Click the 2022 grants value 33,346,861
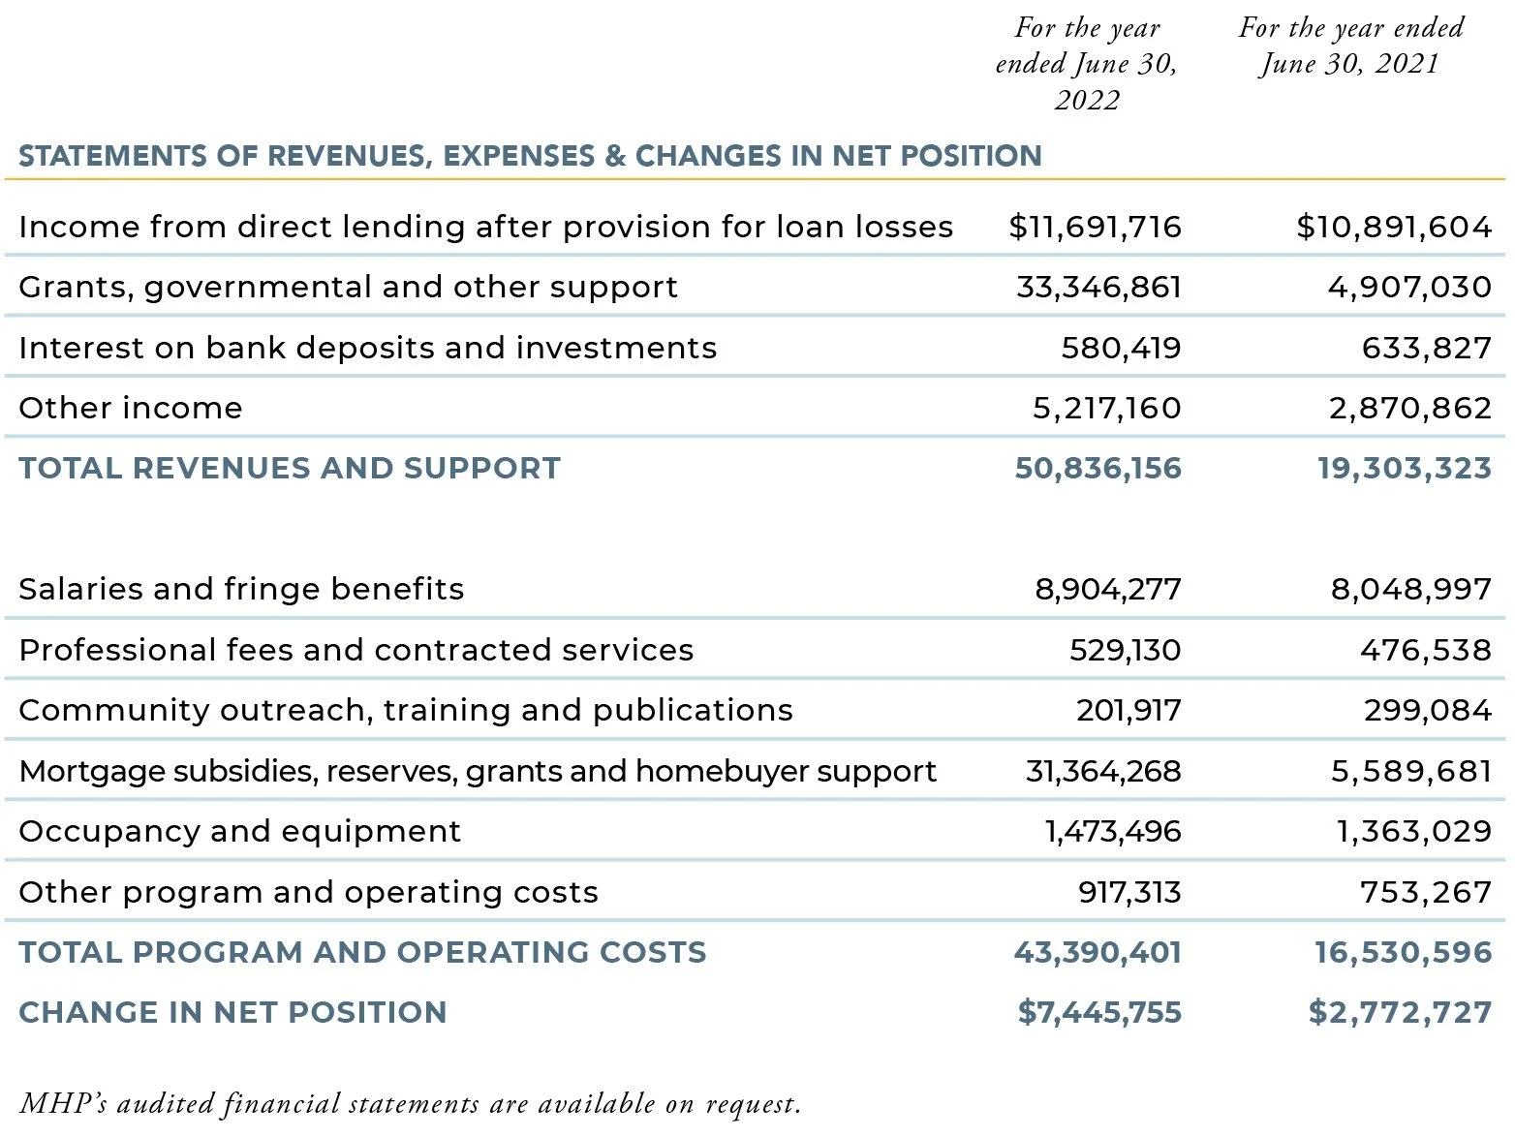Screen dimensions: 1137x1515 coord(1098,287)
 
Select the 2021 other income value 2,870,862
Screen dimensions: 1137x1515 coord(1409,408)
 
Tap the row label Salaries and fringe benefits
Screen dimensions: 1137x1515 coord(241,589)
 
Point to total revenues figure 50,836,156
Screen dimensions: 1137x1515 coord(1098,468)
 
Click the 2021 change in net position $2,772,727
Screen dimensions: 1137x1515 coord(1400,1012)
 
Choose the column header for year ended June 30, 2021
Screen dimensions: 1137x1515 coord(1351,46)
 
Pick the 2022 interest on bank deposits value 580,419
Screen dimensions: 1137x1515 coord(1121,348)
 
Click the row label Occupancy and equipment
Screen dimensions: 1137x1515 coord(239,831)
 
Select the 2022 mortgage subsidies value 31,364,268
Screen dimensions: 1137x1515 coord(1103,771)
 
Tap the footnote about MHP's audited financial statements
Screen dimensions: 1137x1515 coord(410,1103)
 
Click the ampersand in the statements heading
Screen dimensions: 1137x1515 coord(615,156)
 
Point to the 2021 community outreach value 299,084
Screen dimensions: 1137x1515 coord(1427,710)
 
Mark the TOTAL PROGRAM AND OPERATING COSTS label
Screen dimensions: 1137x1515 coord(362,952)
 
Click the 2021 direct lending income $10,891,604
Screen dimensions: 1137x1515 coord(1394,227)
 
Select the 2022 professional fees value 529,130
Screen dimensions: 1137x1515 coord(1125,650)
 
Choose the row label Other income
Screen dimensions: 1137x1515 coord(130,408)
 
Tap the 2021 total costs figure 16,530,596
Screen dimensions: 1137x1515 coord(1403,952)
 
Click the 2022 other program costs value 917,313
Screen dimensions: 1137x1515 coord(1129,892)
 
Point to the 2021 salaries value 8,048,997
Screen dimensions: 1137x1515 coord(1410,589)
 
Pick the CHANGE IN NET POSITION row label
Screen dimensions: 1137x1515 coord(232,1012)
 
